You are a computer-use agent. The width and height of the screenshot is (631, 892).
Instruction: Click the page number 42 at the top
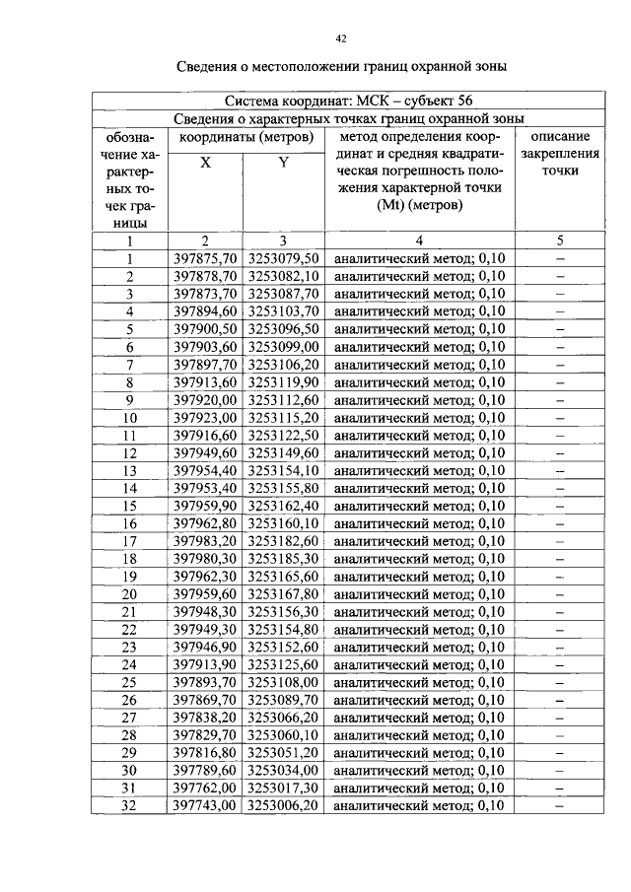[340, 38]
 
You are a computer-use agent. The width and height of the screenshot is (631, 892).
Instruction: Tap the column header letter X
[205, 163]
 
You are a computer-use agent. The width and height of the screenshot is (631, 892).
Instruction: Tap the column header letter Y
[283, 163]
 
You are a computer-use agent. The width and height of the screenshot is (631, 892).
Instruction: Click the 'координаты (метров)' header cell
[245, 137]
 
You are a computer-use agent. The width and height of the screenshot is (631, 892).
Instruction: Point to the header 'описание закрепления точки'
[560, 153]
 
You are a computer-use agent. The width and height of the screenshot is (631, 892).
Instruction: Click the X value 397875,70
[205, 258]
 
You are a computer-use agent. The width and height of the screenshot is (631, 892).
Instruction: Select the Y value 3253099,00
[283, 347]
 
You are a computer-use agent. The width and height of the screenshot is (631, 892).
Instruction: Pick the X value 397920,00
[205, 400]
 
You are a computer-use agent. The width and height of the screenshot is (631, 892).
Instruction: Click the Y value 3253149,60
[283, 453]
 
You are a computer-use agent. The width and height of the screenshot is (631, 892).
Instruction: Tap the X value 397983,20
[205, 541]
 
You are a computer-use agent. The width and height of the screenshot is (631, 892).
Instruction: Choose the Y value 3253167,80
[283, 594]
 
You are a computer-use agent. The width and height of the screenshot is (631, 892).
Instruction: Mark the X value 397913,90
[205, 665]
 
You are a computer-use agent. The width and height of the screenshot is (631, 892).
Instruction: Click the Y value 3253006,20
[283, 806]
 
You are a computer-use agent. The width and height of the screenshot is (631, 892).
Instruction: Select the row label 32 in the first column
[129, 806]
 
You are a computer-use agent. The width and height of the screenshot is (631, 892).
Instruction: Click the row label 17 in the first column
[129, 541]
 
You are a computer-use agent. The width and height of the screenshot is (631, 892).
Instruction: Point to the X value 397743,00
[205, 806]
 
